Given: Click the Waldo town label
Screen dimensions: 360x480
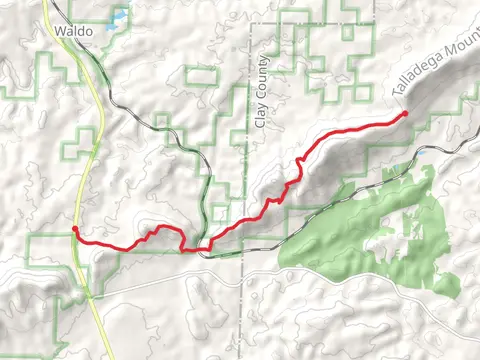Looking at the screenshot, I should [x=75, y=32].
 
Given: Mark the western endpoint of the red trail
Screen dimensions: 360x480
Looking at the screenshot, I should [x=75, y=230].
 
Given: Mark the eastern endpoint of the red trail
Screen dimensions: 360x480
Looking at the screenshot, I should [x=405, y=114].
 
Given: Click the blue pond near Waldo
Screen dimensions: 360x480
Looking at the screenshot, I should [x=119, y=17].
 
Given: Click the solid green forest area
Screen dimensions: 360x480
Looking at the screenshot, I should [x=380, y=225].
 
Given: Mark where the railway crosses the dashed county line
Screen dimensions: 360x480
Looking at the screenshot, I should [x=246, y=250].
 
